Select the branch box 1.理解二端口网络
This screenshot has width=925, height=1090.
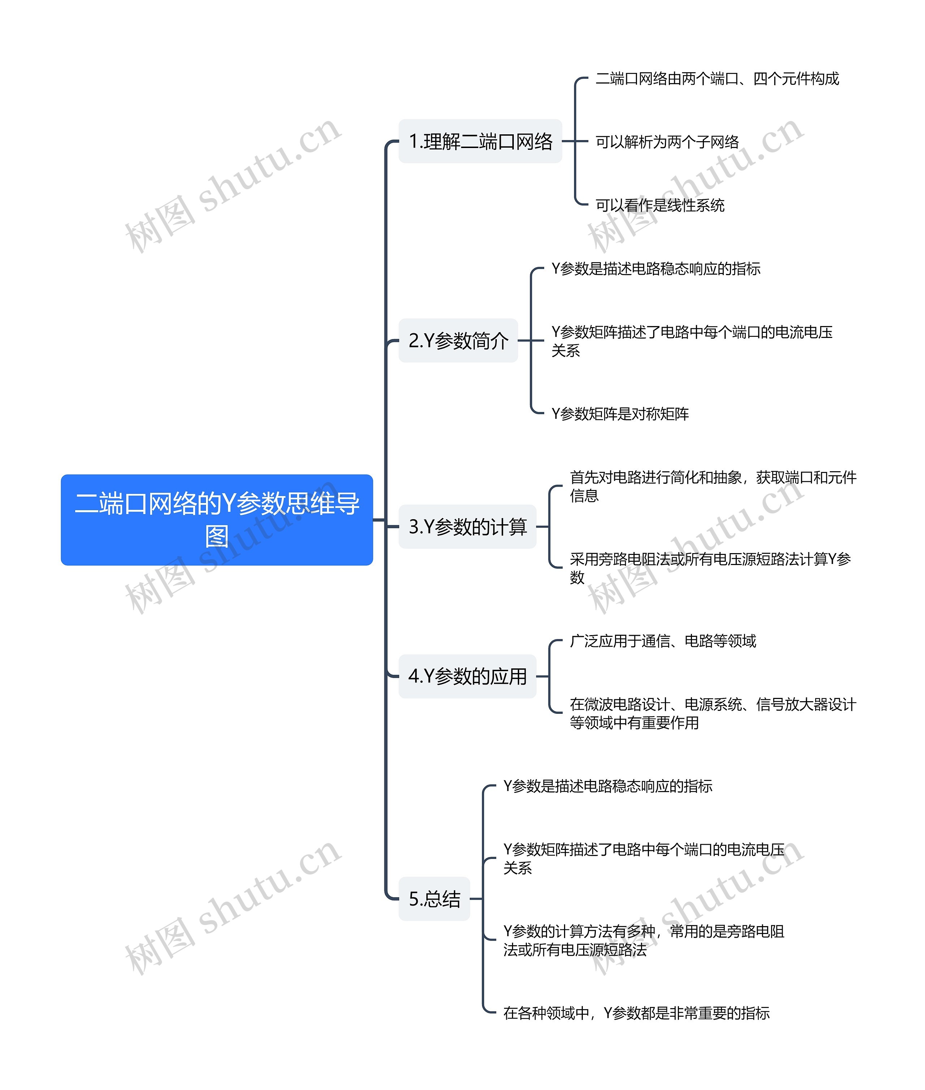pos(480,142)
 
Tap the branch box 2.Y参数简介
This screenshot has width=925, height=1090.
pos(458,340)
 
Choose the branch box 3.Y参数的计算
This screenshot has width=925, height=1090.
pos(467,527)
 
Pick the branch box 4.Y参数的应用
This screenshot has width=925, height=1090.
pos(467,676)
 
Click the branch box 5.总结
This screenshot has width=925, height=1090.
pos(434,899)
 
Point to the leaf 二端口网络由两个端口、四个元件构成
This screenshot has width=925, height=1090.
pos(717,79)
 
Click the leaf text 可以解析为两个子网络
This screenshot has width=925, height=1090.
pos(667,142)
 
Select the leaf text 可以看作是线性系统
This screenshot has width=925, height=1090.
pos(660,205)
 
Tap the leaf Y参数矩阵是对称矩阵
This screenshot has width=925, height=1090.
pos(620,414)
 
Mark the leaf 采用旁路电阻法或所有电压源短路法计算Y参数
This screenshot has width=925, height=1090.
pos(710,568)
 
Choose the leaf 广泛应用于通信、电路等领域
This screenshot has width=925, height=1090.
pos(663,641)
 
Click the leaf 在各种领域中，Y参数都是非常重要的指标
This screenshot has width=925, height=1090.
pos(636,1013)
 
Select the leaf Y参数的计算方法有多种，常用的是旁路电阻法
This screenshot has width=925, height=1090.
pos(644,940)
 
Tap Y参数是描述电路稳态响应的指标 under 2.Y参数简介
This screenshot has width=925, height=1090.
pos(655,269)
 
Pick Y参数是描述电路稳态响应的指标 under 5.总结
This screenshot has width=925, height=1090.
pos(607,786)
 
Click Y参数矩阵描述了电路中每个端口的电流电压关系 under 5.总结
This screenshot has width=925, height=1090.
pos(644,858)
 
